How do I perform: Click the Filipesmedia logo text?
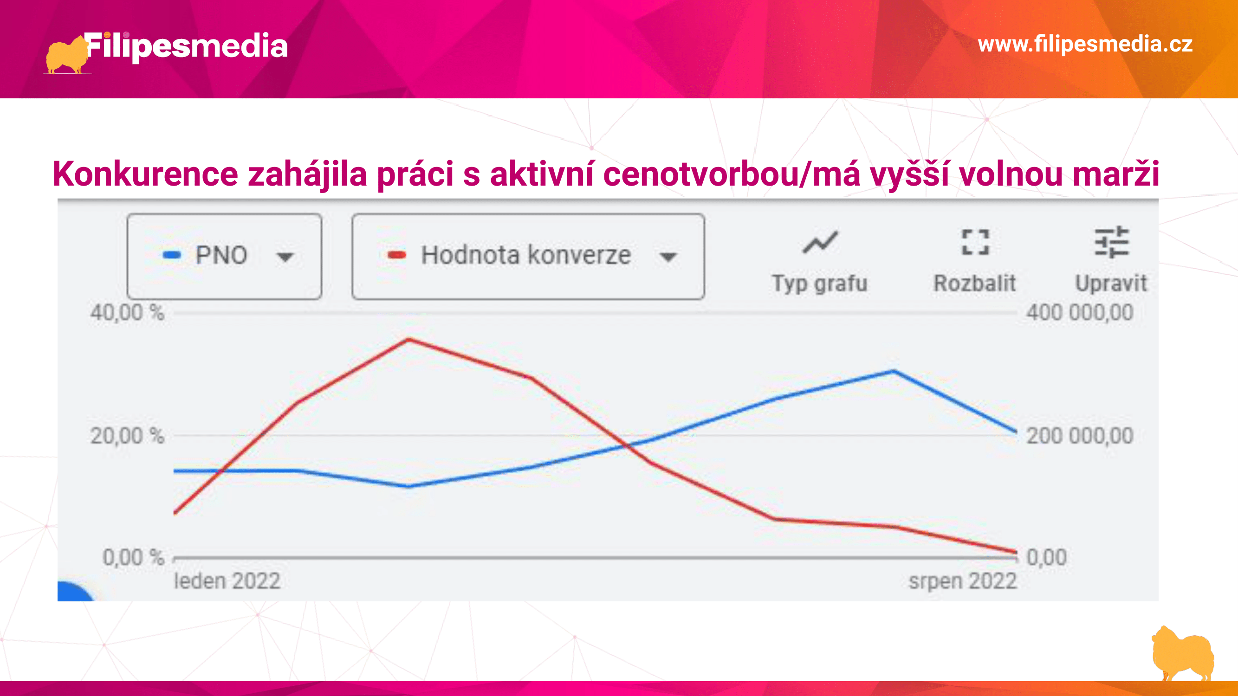tap(187, 47)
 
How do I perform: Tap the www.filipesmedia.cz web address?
tap(1085, 44)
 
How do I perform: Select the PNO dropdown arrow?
tap(285, 257)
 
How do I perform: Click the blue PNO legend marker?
tap(172, 255)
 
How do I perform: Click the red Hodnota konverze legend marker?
tap(397, 255)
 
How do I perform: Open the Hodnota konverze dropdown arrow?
tap(668, 257)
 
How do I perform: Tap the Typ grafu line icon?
tap(820, 242)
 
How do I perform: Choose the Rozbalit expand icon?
tap(975, 242)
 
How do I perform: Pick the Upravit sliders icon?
tap(1112, 242)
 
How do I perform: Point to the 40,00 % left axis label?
tap(127, 313)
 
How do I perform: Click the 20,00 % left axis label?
tap(127, 436)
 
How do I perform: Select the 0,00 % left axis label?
tap(134, 557)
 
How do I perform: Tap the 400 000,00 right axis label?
tap(1080, 313)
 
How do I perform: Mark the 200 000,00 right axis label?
tap(1080, 436)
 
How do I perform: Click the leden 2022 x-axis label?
tap(227, 581)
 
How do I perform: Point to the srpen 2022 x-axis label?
tap(963, 581)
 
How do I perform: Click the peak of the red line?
tap(408, 339)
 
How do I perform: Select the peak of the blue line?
tap(894, 371)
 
